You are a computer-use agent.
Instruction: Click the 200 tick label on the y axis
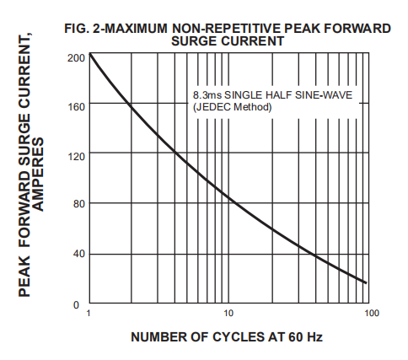point(75,58)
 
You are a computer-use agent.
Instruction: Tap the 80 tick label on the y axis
point(78,203)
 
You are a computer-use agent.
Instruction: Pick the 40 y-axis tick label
point(78,253)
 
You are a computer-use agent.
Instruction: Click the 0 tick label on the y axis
point(80,303)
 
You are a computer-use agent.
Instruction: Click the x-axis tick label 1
point(89,314)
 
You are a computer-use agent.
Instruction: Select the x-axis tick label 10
point(228,314)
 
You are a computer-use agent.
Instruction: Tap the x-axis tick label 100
point(371,314)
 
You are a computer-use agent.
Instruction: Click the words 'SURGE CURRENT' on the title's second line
point(227,40)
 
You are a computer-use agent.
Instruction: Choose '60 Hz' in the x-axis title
point(305,337)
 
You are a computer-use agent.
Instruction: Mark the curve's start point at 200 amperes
point(89,55)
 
